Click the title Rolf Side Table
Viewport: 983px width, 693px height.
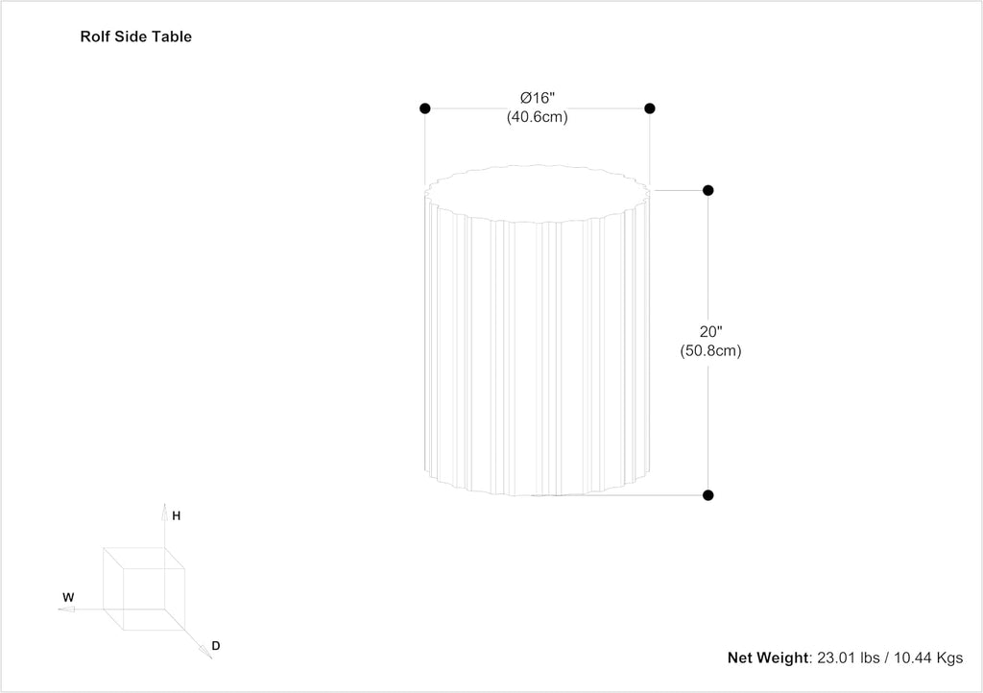(x=135, y=37)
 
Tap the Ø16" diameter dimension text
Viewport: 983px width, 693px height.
(x=538, y=98)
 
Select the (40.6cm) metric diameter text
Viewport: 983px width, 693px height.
(x=538, y=117)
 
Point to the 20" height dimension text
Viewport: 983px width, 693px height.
(x=711, y=332)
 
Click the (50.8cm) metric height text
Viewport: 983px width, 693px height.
(x=711, y=351)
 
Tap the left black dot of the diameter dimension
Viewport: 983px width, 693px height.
(x=425, y=108)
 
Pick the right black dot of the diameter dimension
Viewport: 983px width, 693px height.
(x=650, y=108)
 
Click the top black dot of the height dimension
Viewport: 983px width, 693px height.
(x=708, y=190)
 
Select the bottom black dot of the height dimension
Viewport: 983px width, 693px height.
(x=708, y=495)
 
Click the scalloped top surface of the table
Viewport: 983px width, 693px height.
(x=538, y=194)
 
